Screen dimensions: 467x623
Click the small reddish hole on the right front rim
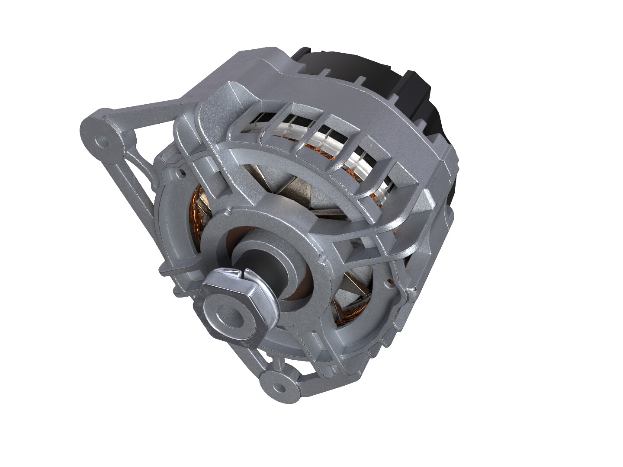coord(391,282)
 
